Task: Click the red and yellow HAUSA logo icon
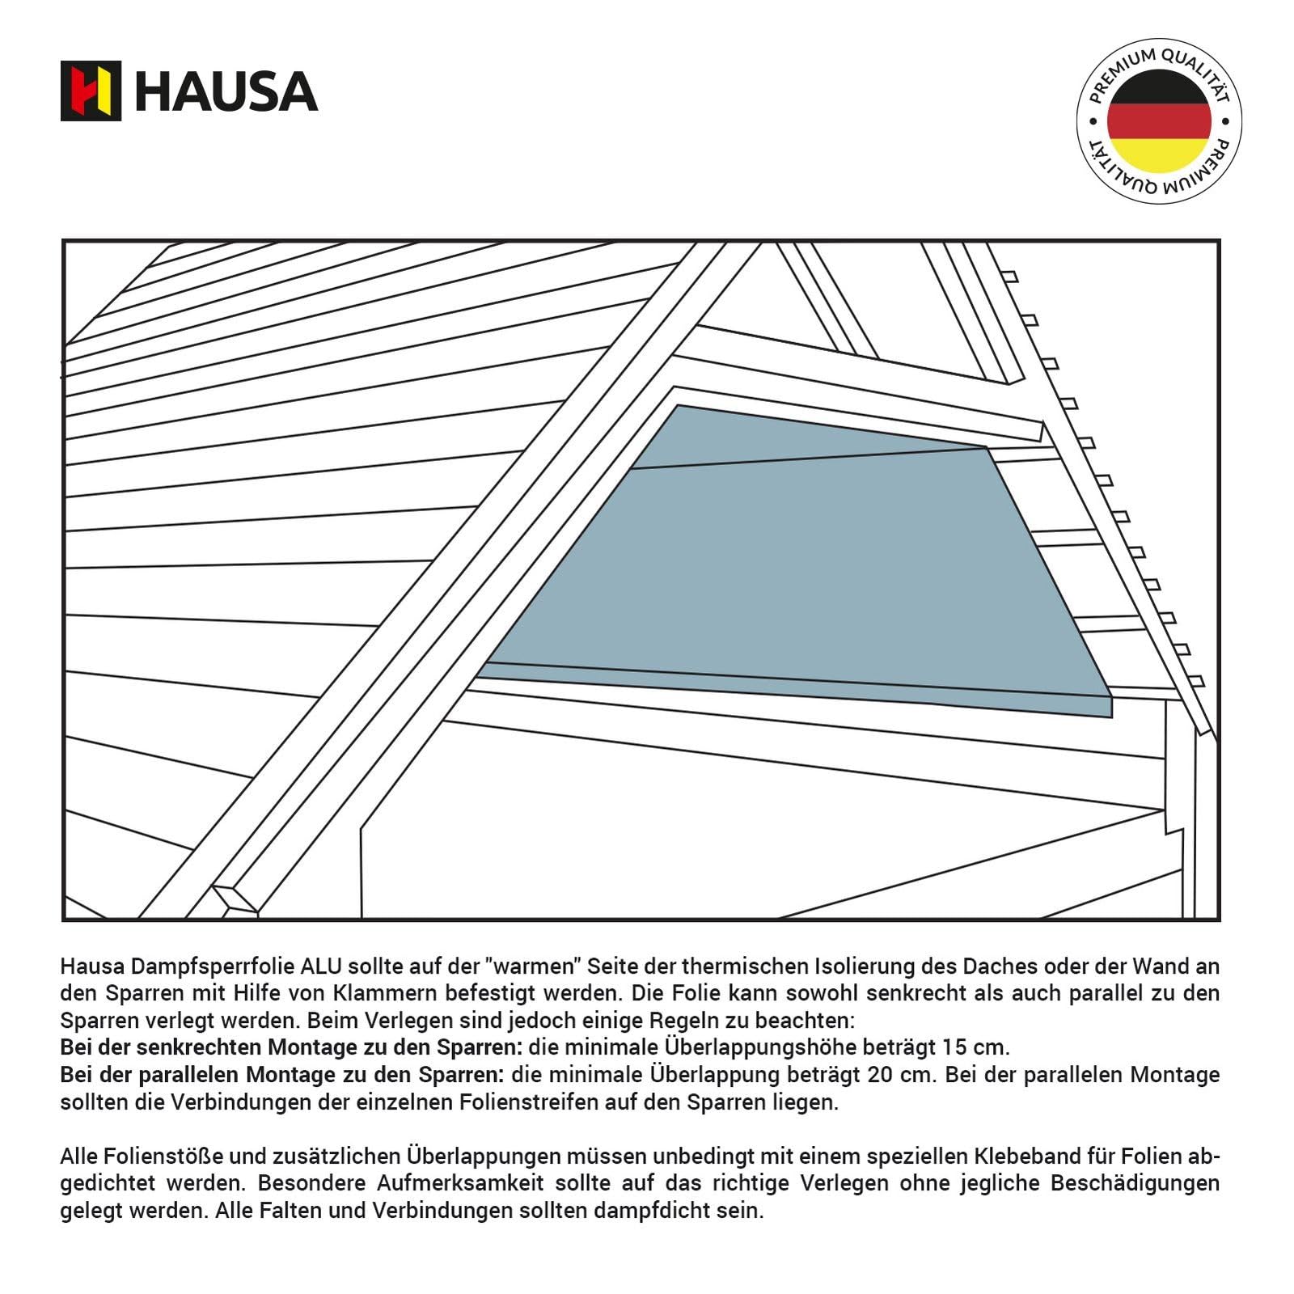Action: (x=91, y=91)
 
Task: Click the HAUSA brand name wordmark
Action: (x=226, y=91)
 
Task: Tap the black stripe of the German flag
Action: (x=1159, y=86)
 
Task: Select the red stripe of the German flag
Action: (x=1159, y=121)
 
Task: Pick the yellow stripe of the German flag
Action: (x=1159, y=155)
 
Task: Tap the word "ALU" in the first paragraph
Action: (x=322, y=966)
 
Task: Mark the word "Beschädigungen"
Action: (x=1135, y=1183)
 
